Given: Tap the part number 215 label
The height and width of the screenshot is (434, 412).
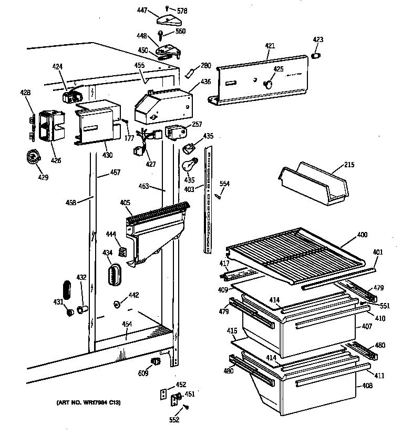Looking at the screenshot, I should point(349,165).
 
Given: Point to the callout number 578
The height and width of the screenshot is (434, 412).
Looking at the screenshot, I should point(182,11).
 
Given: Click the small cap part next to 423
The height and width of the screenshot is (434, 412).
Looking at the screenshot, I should point(316,56).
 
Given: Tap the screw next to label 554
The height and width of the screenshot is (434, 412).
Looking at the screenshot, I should point(216,196).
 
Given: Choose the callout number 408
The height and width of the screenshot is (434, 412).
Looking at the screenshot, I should point(367,386).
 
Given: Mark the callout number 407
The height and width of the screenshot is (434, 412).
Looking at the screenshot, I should point(367,327).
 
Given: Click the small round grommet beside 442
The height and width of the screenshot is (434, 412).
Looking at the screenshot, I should point(117,304).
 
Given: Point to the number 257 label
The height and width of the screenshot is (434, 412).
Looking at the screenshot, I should point(197,124).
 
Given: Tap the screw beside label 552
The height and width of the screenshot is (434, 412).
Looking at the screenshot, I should point(187,408).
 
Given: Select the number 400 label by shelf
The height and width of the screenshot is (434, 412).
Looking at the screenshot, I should point(362,234).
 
